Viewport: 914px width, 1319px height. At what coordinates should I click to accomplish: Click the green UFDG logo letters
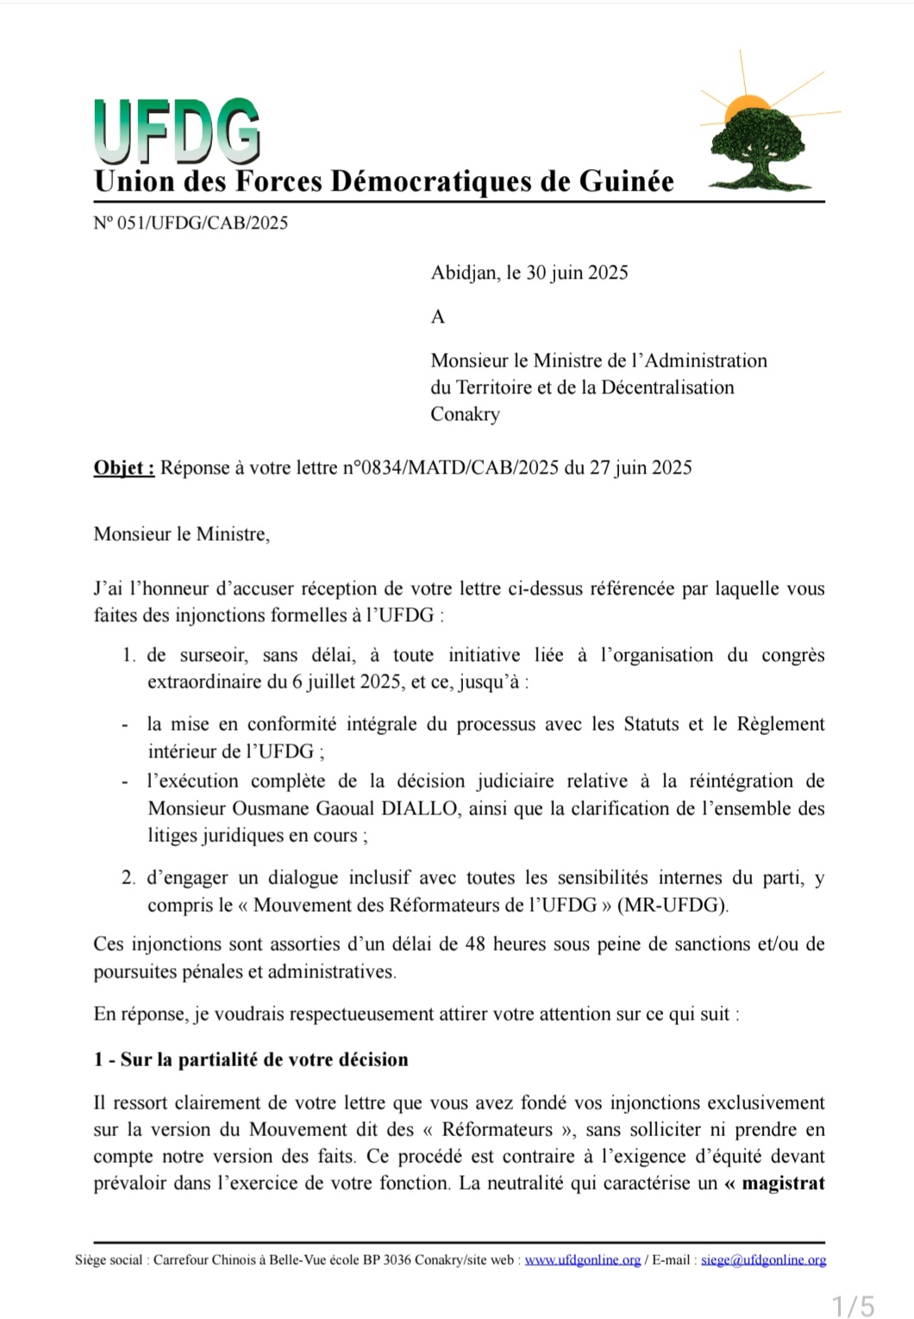coord(177,131)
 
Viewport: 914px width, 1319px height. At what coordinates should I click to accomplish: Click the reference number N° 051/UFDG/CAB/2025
coord(191,223)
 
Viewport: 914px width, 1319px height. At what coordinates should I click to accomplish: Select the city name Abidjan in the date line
coord(463,273)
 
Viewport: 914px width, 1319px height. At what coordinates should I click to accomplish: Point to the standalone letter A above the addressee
coord(437,317)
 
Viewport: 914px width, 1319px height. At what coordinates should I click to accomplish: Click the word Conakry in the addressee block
coord(465,414)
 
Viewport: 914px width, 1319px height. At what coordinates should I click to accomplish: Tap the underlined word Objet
coord(123,468)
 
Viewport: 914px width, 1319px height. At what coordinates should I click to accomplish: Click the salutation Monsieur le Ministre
coord(181,534)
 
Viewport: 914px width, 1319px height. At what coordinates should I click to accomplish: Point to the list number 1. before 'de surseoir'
coord(128,656)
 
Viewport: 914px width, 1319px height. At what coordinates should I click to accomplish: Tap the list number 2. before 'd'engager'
coord(128,878)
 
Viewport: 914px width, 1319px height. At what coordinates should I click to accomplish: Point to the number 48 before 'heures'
coord(475,944)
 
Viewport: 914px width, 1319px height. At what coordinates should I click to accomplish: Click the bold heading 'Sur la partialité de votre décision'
coord(264,1059)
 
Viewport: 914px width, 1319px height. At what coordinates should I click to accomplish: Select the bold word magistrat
coord(783,1183)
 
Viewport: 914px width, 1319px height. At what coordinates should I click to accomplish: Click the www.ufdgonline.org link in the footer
coord(583,1259)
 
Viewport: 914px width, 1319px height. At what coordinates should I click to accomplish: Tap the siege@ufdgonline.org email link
coord(763,1259)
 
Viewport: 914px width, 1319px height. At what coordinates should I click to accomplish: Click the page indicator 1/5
coord(853,1305)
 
